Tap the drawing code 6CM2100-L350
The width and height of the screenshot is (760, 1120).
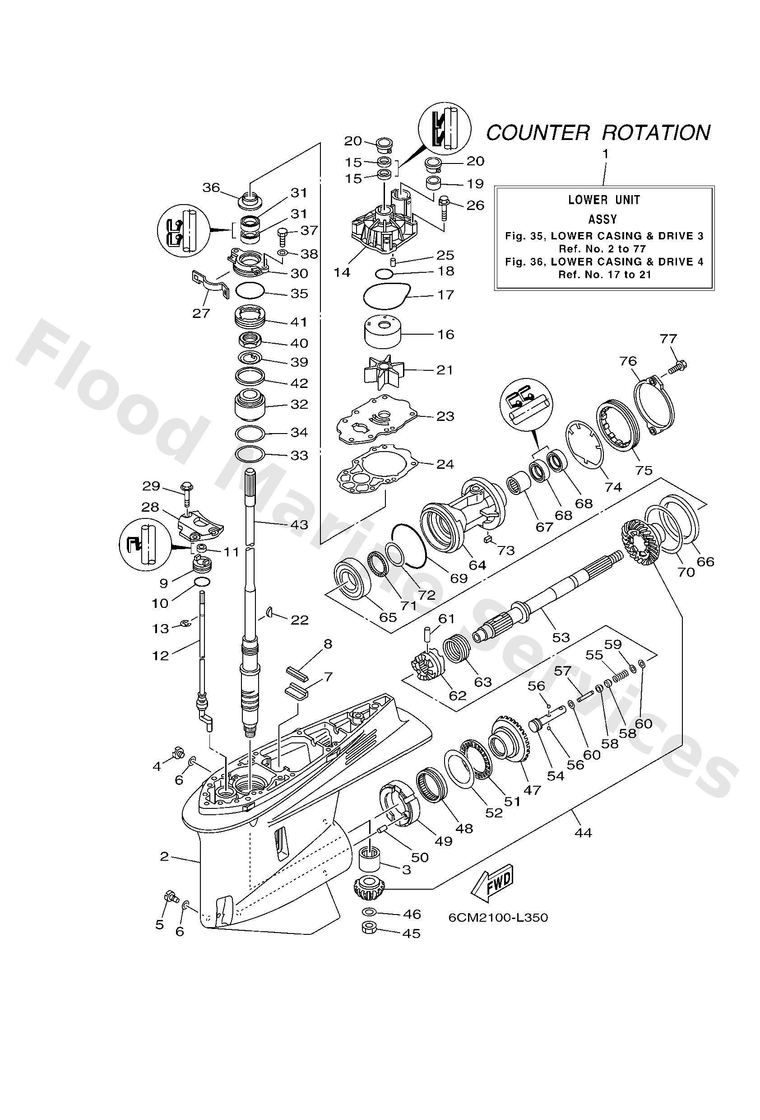(498, 918)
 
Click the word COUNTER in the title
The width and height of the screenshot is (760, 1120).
(538, 132)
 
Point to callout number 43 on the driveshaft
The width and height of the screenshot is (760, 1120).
(299, 524)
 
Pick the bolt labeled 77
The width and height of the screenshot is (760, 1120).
(678, 367)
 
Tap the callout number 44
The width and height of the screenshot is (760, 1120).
(583, 832)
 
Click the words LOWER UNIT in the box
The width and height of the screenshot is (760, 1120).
(604, 200)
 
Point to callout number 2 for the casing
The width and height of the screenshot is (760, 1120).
(164, 856)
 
